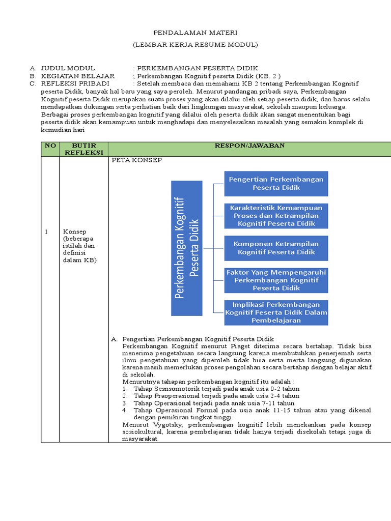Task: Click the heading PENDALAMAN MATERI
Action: [195, 32]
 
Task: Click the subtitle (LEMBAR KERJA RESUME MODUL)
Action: [195, 45]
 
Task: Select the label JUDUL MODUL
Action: [68, 68]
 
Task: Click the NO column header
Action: [50, 146]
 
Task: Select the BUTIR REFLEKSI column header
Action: [84, 149]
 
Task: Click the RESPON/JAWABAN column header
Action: [249, 146]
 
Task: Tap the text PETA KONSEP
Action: [136, 160]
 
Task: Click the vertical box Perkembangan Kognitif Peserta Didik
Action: [186, 247]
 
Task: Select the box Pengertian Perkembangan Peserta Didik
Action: [276, 184]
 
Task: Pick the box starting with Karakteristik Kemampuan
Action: [276, 216]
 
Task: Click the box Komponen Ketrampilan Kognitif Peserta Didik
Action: [276, 248]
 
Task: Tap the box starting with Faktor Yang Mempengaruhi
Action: [276, 280]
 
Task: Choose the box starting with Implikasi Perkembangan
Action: [276, 312]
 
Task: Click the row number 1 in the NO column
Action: [46, 232]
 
